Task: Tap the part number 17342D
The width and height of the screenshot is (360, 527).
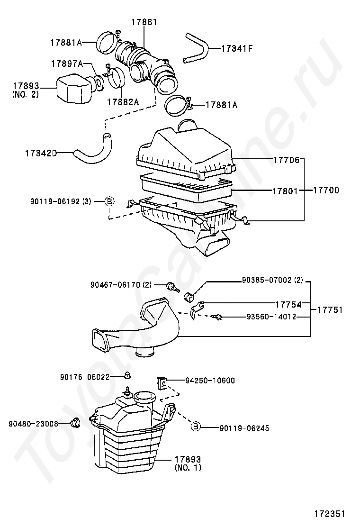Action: coord(41,153)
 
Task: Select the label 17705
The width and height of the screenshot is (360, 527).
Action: coord(286,160)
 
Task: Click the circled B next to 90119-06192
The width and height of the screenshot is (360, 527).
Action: coord(109,201)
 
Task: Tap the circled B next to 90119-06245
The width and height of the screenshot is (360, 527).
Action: coord(196,427)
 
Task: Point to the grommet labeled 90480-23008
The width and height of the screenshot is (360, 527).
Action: coord(74,423)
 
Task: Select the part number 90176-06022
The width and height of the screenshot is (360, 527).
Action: coord(85,377)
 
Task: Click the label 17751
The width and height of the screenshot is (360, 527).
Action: coord(329,310)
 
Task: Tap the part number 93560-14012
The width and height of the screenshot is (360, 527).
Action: coord(271,316)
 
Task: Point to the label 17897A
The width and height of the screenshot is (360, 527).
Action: coord(67,64)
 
